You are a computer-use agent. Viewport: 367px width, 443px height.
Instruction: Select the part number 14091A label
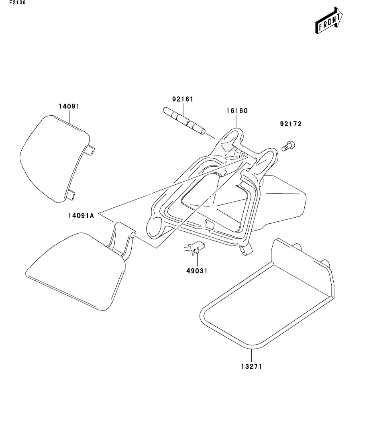point(81,216)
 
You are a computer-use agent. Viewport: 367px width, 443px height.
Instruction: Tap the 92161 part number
point(183,99)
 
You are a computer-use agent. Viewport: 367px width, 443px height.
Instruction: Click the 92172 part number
point(290,124)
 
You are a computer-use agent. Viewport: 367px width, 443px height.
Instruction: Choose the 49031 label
point(197,271)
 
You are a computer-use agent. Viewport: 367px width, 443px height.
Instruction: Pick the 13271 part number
point(252,366)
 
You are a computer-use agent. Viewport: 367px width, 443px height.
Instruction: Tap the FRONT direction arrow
point(328,22)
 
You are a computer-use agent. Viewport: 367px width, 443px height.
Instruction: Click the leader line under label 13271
point(252,355)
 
